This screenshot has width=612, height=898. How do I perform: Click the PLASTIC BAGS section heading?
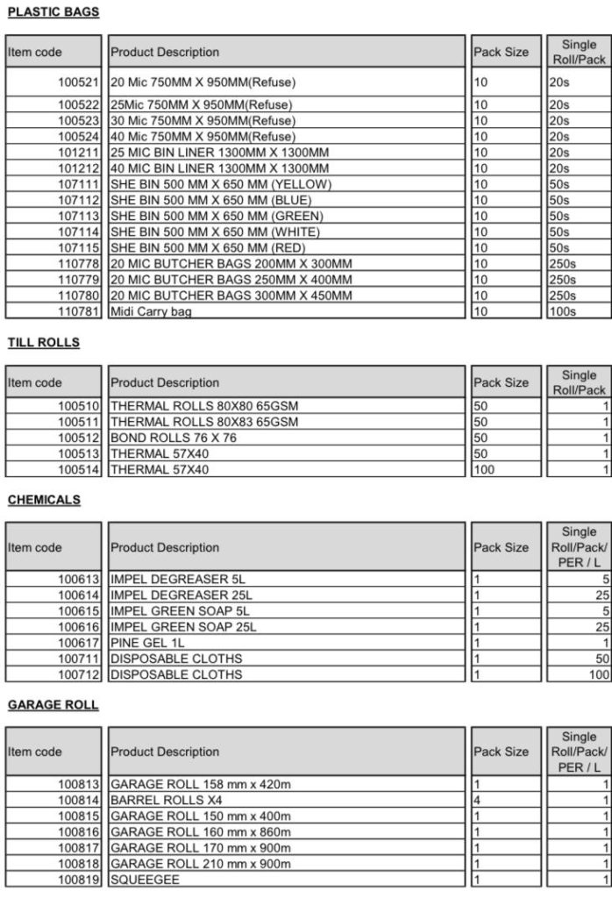coord(53,12)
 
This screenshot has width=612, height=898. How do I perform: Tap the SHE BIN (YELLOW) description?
coord(220,184)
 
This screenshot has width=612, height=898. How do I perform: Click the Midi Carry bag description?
coord(150,311)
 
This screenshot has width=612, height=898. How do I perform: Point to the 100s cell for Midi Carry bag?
coord(562,311)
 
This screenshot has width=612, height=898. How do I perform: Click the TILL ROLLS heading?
coord(44,343)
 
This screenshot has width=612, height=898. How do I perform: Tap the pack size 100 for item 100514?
coord(484,470)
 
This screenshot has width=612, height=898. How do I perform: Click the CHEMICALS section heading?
coord(44,500)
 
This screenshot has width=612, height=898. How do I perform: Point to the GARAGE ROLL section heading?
coord(53,705)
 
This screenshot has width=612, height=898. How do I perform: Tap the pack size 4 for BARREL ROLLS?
coord(477,800)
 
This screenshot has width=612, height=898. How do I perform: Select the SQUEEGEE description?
coord(144,879)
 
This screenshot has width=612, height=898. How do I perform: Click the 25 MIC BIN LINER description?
coord(219,152)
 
